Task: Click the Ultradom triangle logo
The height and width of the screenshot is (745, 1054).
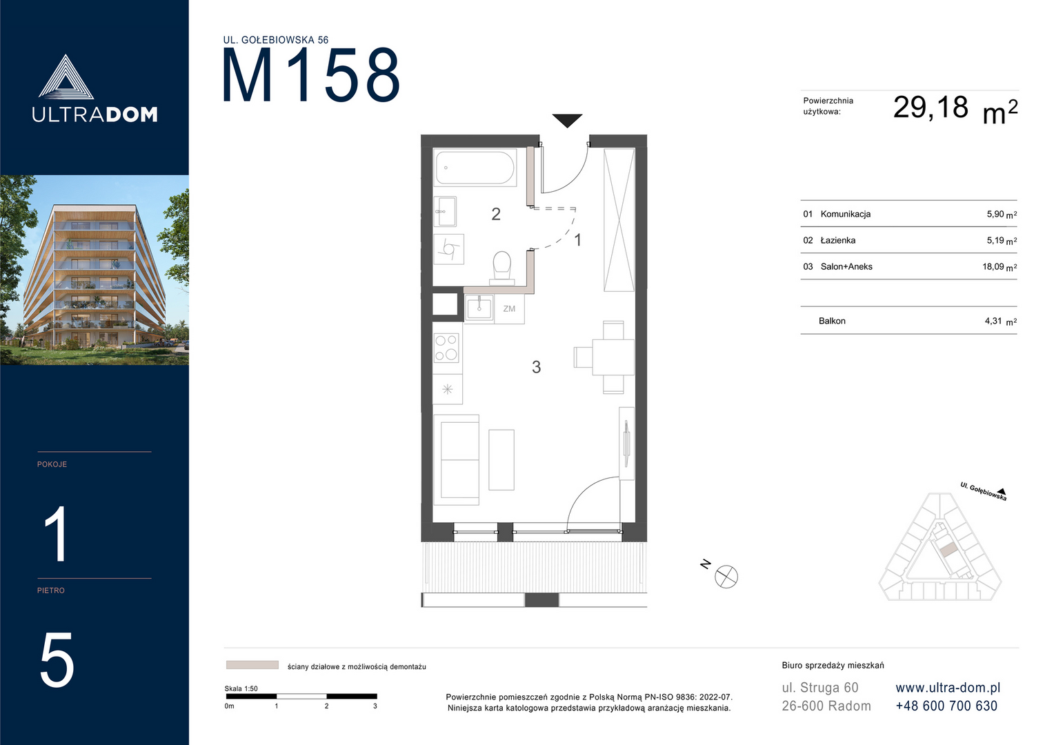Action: coord(66,78)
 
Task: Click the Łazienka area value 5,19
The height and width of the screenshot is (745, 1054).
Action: coord(995,241)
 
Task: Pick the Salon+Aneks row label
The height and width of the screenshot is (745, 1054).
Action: coord(846,267)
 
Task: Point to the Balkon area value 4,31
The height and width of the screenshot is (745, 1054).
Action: coord(993,321)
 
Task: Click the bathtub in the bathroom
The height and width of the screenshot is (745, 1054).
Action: coord(475,168)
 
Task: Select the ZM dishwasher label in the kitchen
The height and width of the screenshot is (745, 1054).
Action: coord(509,309)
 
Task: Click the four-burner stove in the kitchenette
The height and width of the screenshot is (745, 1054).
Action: coord(446,347)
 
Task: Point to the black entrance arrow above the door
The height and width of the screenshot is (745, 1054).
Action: coord(567,121)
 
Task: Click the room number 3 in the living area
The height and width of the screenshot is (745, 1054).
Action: coord(537,367)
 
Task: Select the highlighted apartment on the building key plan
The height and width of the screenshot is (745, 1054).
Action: coord(948,550)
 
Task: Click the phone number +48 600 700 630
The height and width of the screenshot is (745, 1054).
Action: coord(946,706)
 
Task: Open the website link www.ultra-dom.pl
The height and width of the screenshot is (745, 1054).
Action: coord(948,688)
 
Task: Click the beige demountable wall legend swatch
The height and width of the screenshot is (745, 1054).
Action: coord(252,665)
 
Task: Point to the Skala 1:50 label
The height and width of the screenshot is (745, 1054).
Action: coord(241,688)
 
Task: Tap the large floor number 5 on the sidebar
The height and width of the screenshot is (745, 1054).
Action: coord(57,660)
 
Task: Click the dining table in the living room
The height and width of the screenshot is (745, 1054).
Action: coord(613,358)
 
